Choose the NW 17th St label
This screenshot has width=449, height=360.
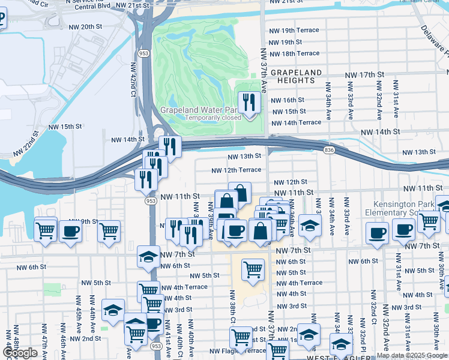(364, 75)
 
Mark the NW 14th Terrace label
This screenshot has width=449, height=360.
(297, 122)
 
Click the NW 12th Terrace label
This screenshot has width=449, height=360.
(236, 170)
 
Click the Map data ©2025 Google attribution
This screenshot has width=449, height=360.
(412, 356)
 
